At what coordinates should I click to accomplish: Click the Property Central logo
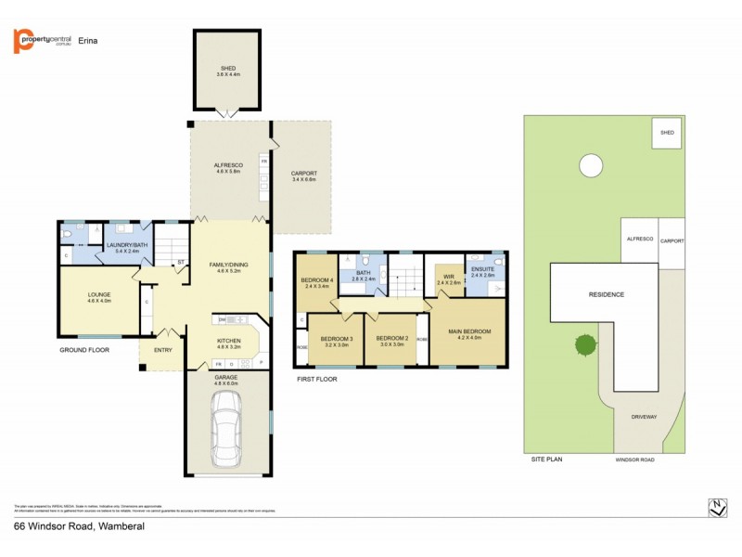[43, 41]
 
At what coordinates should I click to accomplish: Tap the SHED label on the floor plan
[228, 68]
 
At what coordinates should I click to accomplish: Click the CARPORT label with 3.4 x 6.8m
[303, 174]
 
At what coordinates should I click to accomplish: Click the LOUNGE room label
[99, 295]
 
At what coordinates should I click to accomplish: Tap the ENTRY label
[163, 350]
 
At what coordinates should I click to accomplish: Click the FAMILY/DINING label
[228, 266]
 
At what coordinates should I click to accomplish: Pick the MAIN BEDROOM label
[468, 332]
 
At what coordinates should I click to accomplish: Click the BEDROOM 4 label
[318, 280]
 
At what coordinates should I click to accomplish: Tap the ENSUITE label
[483, 269]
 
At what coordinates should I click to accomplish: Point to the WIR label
[449, 277]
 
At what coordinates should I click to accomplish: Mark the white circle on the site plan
[589, 165]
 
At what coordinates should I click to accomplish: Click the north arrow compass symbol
[717, 507]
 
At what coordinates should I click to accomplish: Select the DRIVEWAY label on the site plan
[644, 417]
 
